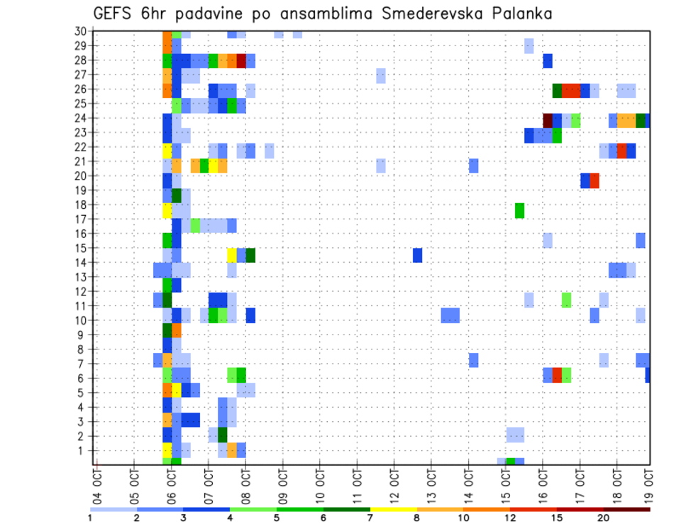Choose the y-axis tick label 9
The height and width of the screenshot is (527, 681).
coord(83,335)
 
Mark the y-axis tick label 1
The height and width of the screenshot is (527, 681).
coord(83,450)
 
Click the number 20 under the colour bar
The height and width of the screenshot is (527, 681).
coord(603,518)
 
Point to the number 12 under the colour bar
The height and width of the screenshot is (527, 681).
coord(510,518)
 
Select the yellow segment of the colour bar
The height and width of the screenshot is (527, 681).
coord(393,509)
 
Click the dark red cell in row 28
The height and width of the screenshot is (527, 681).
coord(241,60)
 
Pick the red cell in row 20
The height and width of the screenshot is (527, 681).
coord(594,180)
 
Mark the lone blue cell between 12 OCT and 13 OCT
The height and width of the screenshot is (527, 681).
coord(418,255)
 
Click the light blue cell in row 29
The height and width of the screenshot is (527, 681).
coord(529,45)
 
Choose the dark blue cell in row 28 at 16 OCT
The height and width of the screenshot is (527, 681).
coord(548,60)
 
